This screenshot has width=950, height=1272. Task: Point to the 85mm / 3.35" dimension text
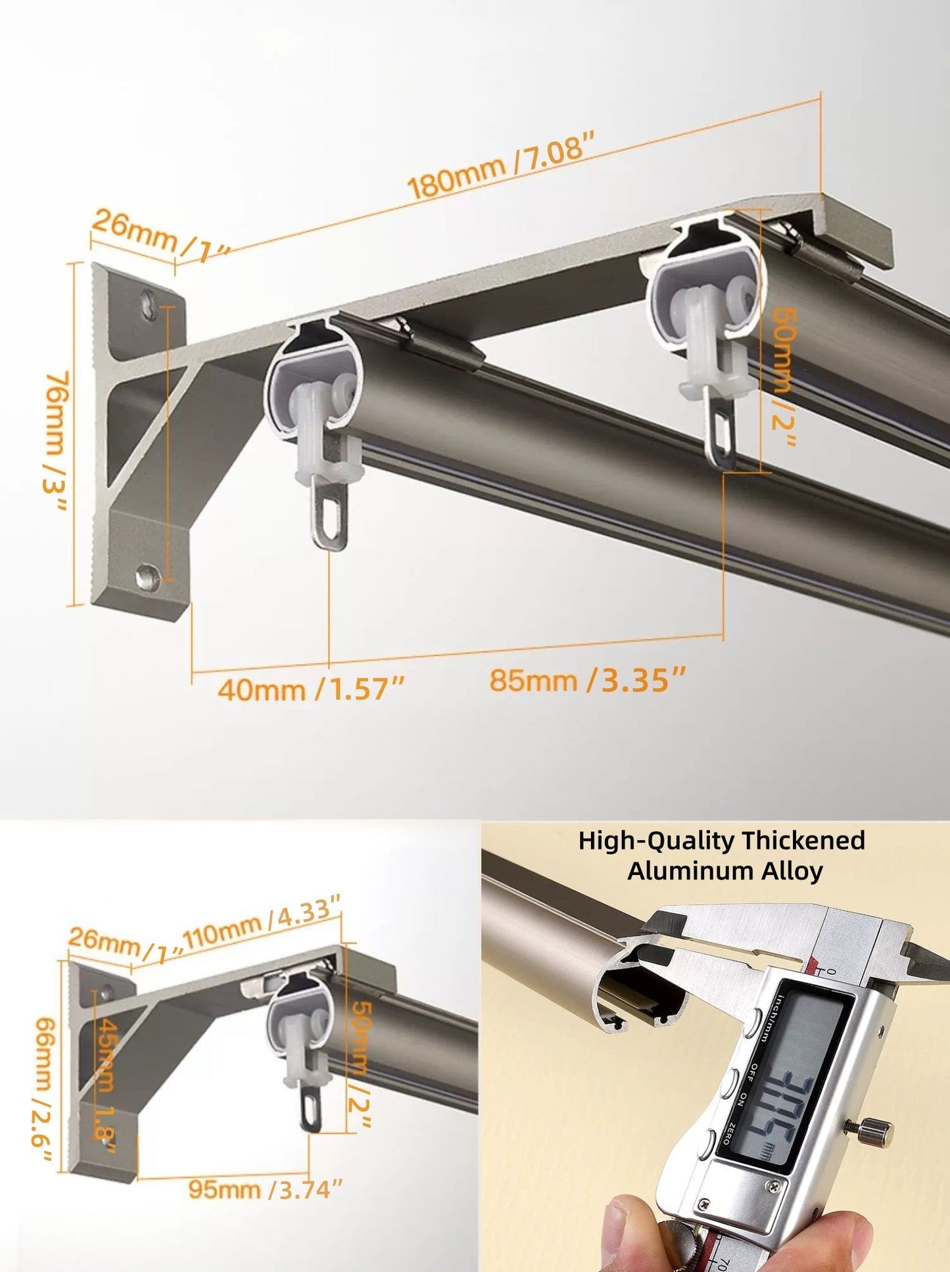tap(588, 680)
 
